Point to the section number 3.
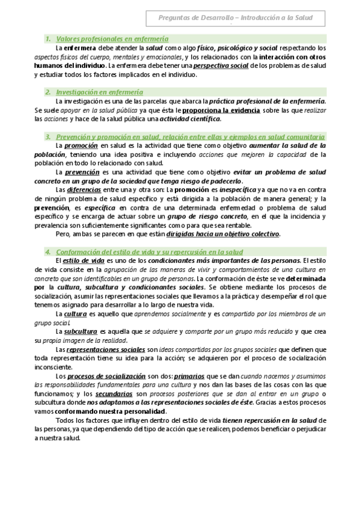[47, 137]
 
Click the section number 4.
[47, 251]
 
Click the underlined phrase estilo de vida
[84, 260]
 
